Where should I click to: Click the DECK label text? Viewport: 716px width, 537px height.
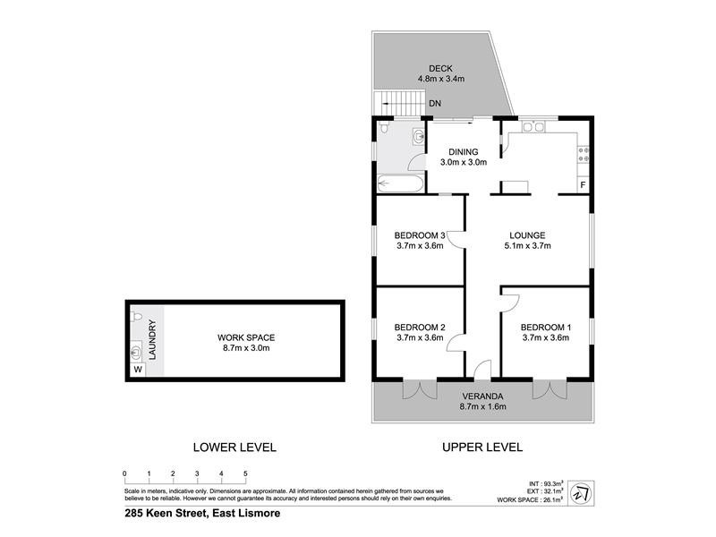pyautogui.click(x=440, y=68)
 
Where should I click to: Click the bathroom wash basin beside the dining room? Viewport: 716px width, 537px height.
pyautogui.click(x=418, y=137)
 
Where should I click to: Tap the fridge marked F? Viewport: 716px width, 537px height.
pyautogui.click(x=583, y=185)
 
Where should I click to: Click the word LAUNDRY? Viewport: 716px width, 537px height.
pyautogui.click(x=152, y=340)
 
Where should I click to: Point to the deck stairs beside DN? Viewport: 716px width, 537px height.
pyautogui.click(x=396, y=105)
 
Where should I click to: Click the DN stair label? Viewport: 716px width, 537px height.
pyautogui.click(x=434, y=105)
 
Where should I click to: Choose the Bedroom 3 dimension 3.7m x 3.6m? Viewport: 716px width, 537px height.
pyautogui.click(x=420, y=246)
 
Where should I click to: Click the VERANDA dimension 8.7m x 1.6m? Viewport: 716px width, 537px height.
pyautogui.click(x=484, y=407)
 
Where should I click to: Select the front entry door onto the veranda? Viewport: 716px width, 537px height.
pyautogui.click(x=482, y=369)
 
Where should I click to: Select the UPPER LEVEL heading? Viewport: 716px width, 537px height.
pyautogui.click(x=482, y=447)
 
